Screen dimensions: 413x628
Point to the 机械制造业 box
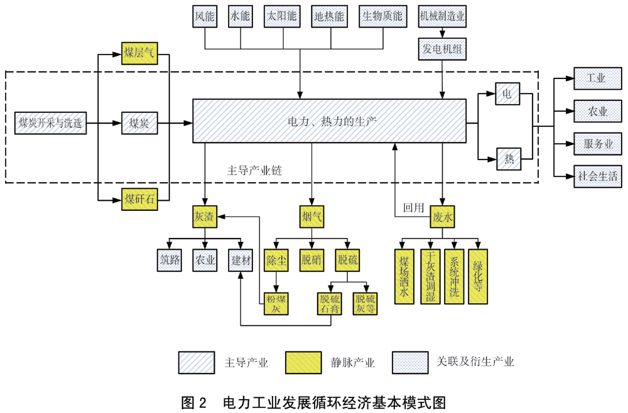coord(443,16)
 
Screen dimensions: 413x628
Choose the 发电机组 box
coord(443,49)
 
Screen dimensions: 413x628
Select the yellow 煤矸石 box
coord(139,200)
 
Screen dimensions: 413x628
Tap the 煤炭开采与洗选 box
coord(50,123)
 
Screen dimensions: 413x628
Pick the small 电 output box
coord(507,94)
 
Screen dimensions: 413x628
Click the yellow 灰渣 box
coord(204,217)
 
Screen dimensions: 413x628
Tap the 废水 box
coord(443,217)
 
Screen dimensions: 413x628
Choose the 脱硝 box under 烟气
coord(312,260)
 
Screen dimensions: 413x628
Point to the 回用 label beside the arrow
coord(414,208)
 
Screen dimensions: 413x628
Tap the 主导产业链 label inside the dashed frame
coord(250,170)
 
